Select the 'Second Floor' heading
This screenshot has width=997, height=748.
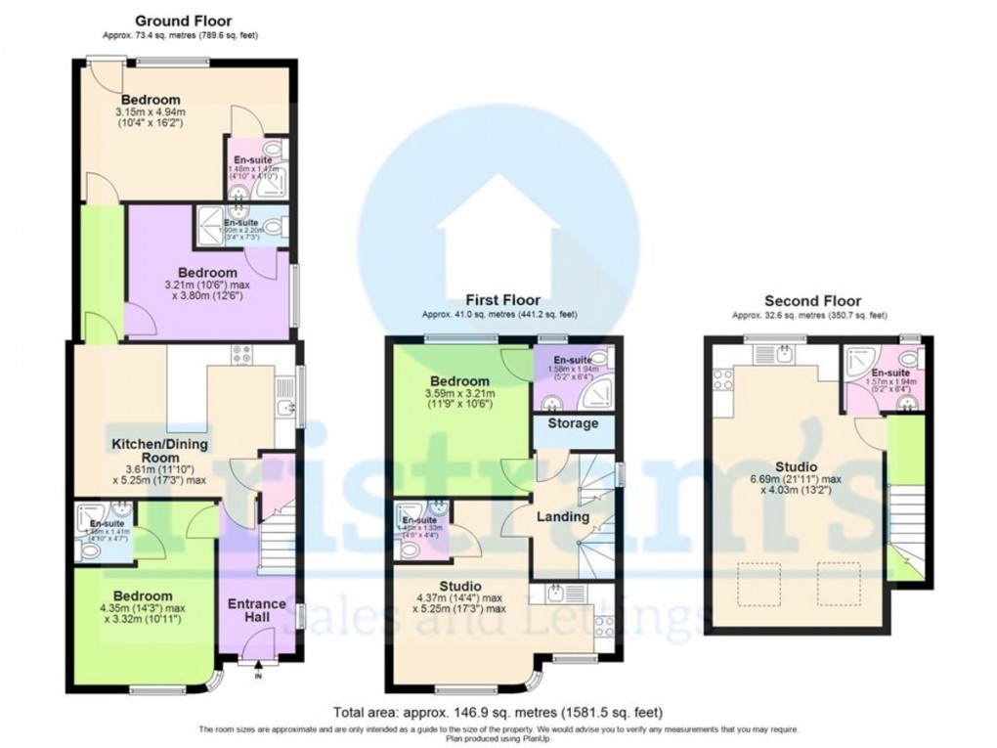(812, 301)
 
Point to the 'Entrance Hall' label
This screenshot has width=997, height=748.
(257, 612)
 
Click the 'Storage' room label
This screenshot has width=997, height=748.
(573, 424)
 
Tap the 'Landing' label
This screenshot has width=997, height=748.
(564, 516)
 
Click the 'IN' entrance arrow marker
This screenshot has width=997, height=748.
(258, 672)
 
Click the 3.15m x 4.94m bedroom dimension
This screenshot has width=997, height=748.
(151, 112)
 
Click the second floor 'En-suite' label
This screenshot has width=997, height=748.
(891, 374)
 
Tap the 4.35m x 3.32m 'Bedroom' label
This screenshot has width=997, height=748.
(143, 595)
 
